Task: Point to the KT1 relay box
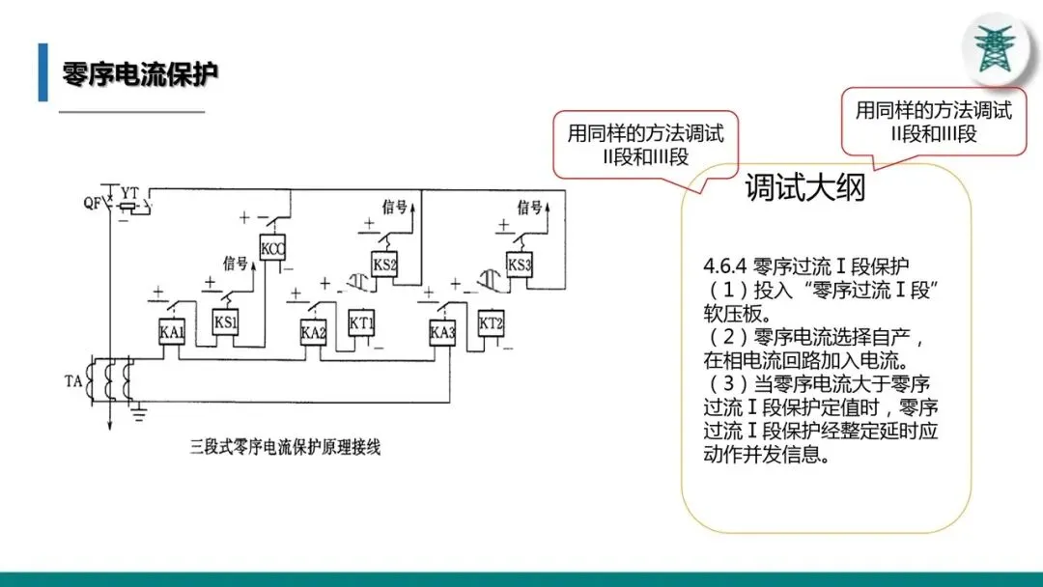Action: point(361,321)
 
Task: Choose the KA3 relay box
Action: point(442,333)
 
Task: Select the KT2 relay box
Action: point(492,321)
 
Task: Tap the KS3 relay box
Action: point(520,265)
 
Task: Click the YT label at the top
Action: point(129,188)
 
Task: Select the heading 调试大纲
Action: point(805,188)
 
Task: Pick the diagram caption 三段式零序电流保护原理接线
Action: point(285,447)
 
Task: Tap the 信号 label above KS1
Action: point(236,262)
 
